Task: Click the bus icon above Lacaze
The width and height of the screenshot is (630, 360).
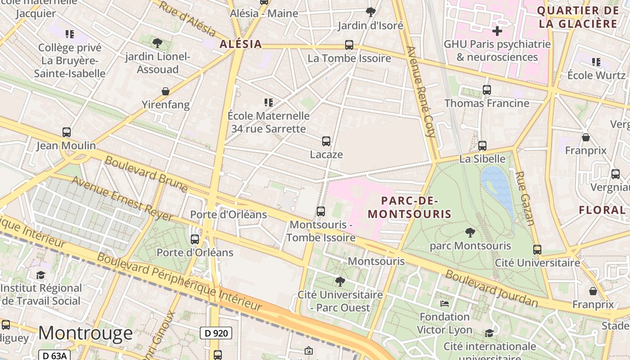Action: (x=326, y=141)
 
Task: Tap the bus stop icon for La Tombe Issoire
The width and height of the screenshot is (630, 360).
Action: (x=349, y=45)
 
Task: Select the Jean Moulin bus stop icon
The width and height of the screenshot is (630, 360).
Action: (x=67, y=132)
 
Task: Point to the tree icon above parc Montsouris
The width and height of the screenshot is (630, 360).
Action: (x=470, y=233)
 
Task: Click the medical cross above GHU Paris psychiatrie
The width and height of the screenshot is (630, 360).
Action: (x=497, y=31)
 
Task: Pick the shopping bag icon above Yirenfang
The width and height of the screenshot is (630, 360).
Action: (x=166, y=92)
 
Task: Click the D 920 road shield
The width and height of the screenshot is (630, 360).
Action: (x=216, y=333)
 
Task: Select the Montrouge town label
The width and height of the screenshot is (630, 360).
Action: (x=85, y=333)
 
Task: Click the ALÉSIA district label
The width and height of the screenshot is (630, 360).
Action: (x=241, y=44)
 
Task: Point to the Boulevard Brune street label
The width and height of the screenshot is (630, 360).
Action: (x=146, y=173)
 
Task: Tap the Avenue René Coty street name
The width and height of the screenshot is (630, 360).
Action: (x=421, y=91)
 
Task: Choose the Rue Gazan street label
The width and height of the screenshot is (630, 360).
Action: (x=525, y=198)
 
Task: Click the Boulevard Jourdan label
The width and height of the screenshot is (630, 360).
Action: (x=491, y=288)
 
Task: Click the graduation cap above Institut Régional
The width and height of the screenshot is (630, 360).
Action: (x=41, y=275)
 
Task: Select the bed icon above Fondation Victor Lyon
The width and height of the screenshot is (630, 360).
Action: (x=445, y=304)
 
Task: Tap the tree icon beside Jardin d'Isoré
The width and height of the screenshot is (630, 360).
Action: (x=371, y=12)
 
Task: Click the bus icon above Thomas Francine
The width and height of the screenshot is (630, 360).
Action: (x=487, y=90)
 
